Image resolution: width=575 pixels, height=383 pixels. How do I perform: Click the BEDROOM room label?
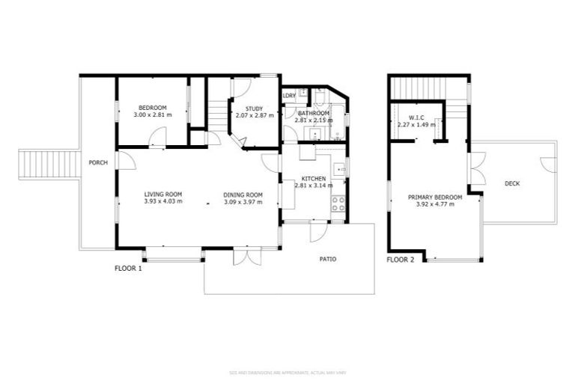pos(152,108)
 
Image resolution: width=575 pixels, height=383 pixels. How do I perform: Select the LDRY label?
pos(289,96)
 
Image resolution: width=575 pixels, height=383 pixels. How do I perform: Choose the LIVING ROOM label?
pos(163,194)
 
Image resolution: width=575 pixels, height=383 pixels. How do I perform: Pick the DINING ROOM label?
pos(243,194)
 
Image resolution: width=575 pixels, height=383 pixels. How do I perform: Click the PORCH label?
pos(97,162)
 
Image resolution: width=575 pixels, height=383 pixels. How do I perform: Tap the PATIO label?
pos(328,260)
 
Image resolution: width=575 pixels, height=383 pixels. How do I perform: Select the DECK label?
pos(512,183)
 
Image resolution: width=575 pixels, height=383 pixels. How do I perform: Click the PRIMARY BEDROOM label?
pos(434,197)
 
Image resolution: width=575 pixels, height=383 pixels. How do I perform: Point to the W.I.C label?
pos(417,117)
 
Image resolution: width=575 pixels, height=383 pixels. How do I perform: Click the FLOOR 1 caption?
pos(128,268)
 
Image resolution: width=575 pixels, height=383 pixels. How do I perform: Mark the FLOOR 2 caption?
pos(400,260)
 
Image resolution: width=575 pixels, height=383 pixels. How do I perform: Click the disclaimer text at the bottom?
pos(287,372)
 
